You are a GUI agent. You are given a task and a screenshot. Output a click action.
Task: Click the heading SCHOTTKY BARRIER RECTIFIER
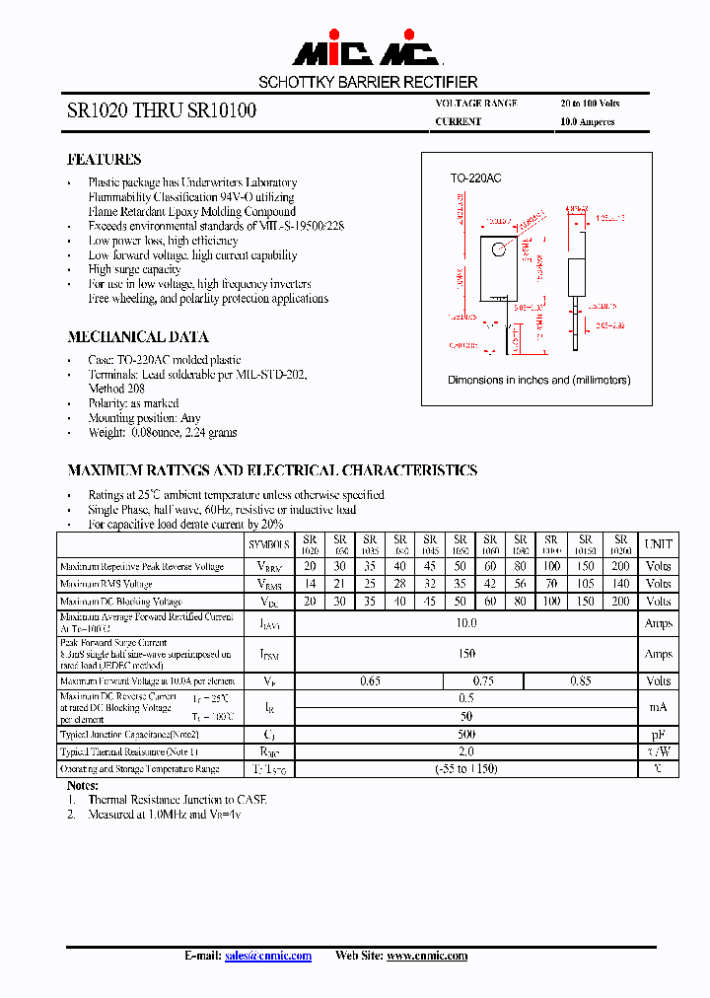(368, 83)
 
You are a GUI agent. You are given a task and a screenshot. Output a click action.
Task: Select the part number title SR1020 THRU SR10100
(162, 111)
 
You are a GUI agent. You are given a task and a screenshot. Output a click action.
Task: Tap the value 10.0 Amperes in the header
(587, 122)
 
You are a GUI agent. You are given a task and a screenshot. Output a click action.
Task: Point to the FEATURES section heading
(104, 160)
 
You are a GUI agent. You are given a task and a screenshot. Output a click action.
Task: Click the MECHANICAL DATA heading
(137, 337)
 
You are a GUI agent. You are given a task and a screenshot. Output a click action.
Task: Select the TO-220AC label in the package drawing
(475, 178)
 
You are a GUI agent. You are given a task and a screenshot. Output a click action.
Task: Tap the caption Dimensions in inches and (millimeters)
(538, 380)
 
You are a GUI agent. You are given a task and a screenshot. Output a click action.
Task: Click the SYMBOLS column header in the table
(268, 543)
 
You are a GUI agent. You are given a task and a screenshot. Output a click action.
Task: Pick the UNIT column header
(658, 543)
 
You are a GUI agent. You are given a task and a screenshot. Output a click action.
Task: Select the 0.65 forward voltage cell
(370, 680)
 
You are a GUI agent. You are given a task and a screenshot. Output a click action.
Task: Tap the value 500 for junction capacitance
(466, 735)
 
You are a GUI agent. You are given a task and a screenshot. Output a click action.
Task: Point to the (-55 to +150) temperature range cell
(466, 769)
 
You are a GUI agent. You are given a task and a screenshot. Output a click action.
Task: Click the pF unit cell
(658, 735)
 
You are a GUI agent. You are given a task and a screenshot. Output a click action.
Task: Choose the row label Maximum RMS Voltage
(106, 584)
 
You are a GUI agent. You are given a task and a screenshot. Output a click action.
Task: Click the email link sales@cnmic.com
(267, 956)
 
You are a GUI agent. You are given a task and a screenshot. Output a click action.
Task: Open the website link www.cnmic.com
(426, 956)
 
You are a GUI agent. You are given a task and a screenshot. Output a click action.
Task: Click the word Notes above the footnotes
(82, 786)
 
